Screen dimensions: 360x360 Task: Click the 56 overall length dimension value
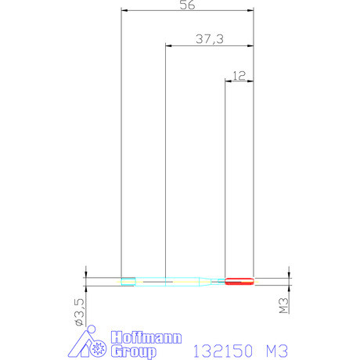187,5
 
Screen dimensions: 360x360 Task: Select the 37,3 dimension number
210,39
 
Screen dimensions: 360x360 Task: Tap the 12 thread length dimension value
239,75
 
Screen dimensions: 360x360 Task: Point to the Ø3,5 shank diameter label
80,311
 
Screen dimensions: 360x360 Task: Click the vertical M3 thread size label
283,305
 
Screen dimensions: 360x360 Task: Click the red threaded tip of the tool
239,282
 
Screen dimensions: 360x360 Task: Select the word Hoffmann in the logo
146,338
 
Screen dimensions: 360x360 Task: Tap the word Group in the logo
134,351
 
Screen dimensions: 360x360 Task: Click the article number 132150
223,351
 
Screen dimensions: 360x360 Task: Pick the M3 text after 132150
277,351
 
